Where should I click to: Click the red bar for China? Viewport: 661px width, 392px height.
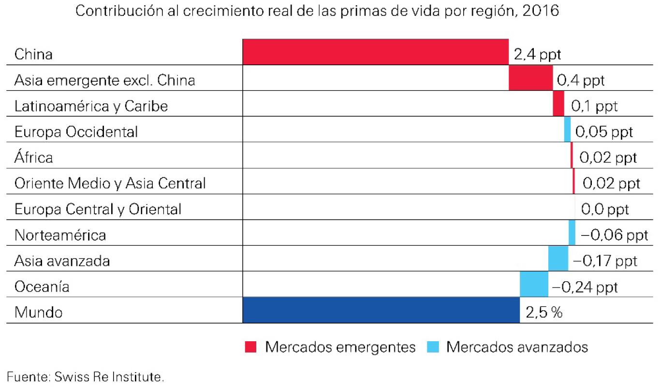click(x=375, y=52)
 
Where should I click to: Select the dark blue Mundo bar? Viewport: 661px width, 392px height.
click(x=381, y=310)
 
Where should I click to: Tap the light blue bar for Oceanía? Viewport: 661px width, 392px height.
click(x=534, y=284)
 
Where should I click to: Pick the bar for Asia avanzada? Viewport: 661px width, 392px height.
click(x=558, y=259)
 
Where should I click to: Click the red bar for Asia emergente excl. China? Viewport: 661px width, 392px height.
click(x=530, y=77)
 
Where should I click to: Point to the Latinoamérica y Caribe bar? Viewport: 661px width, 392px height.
click(x=558, y=103)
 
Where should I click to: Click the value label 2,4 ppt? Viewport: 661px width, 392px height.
click(x=537, y=54)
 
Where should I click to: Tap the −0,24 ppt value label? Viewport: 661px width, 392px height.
click(x=585, y=287)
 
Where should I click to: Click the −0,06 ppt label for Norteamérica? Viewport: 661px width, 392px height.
click(x=614, y=235)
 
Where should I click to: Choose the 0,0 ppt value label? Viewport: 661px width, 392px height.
click(x=605, y=209)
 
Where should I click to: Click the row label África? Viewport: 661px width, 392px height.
click(x=34, y=157)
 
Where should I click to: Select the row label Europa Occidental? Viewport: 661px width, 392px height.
click(x=76, y=131)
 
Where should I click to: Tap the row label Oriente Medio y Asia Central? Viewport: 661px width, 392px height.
click(x=110, y=183)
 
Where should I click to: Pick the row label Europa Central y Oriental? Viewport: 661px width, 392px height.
click(x=98, y=209)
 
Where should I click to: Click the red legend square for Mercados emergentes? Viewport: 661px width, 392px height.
click(x=250, y=347)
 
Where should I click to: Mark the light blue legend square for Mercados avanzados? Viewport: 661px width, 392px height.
click(x=433, y=347)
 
